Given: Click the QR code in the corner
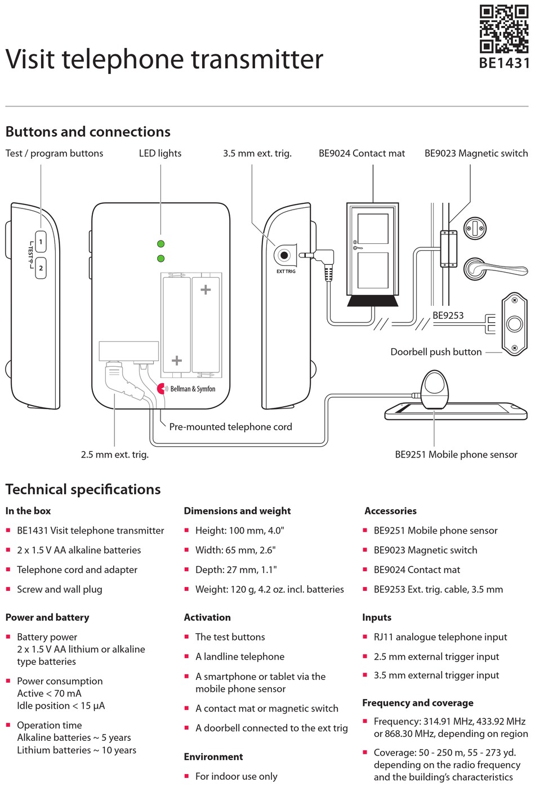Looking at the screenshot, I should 503,29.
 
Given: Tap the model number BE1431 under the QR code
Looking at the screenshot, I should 504,63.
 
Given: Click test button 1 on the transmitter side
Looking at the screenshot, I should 41,242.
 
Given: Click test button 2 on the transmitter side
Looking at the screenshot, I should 41,268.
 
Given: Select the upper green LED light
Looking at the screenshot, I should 160,244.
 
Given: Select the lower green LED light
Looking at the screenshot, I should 160,259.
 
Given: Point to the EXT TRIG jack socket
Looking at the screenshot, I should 284,256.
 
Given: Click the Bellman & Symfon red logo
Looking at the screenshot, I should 162,389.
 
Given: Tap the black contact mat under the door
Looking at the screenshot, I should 372,301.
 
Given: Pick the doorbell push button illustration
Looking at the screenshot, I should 514,324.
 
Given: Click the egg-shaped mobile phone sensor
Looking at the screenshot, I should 434,389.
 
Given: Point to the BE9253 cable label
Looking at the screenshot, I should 448,315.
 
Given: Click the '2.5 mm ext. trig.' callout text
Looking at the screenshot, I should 114,455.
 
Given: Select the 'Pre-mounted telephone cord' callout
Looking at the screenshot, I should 230,427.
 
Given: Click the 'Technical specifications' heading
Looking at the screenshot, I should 83,490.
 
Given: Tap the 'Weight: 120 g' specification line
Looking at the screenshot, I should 269,589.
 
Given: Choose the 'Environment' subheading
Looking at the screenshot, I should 213,757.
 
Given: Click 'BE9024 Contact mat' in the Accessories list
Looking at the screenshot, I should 417,570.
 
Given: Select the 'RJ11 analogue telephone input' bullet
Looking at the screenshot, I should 440,637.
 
